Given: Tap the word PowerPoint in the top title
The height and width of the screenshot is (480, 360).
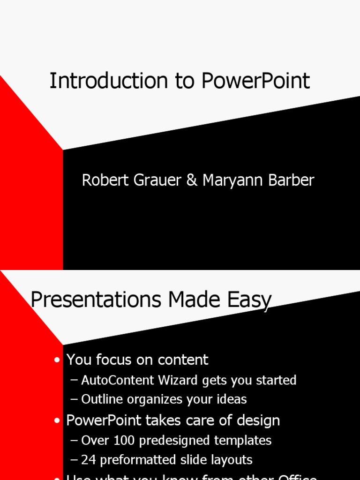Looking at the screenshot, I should point(256,81).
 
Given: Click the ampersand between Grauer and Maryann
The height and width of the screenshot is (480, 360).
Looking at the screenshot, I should point(192,180).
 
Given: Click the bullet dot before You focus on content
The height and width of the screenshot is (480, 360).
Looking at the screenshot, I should point(57,360).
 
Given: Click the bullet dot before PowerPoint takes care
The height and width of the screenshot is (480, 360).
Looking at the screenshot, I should point(57,421).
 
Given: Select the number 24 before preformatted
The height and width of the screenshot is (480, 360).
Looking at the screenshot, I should point(88,460).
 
